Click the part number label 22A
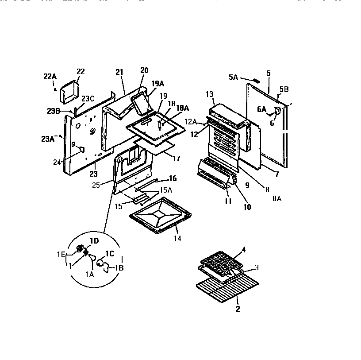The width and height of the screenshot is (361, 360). pos(50,76)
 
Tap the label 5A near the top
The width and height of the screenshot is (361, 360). pos(234,77)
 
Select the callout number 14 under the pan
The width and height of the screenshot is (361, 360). pos(177,238)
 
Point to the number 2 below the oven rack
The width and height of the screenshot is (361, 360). pos(238,309)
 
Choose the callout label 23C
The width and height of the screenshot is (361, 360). pos(88,99)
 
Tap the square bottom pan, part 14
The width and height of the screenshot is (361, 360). pos(160,219)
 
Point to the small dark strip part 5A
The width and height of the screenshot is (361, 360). pos(256,81)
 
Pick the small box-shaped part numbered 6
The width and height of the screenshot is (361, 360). pos(278,110)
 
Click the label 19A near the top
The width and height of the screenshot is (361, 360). pos(158,83)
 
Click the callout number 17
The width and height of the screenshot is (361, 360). pos(176,158)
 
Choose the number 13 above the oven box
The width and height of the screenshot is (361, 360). pos(209,94)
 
